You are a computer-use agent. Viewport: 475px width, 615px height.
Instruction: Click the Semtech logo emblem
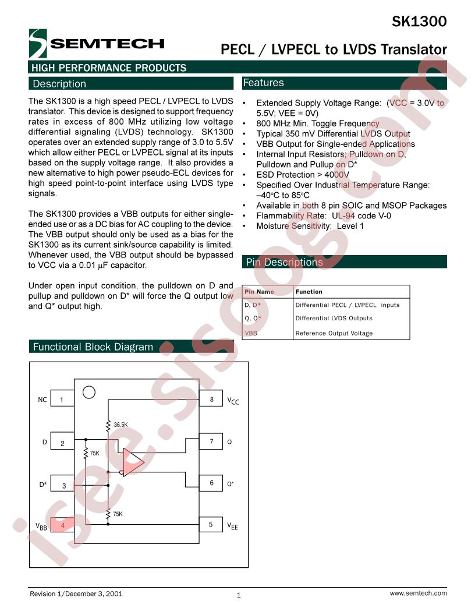38,44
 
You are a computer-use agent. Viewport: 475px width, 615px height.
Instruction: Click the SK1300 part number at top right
419,21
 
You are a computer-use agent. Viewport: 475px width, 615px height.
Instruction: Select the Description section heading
59,83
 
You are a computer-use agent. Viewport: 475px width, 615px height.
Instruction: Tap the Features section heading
263,82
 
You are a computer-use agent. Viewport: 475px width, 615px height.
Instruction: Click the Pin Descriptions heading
284,262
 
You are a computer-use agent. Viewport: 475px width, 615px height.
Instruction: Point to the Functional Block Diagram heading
93,347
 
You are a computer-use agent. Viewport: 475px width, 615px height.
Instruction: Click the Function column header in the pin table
309,292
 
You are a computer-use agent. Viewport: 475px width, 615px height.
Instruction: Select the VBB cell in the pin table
251,333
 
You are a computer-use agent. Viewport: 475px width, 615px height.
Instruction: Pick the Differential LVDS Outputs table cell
334,318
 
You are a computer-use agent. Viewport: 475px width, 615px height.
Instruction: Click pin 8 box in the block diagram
211,400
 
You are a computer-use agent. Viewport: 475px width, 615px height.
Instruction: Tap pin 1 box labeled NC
62,400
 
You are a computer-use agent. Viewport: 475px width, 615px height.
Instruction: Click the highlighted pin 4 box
62,525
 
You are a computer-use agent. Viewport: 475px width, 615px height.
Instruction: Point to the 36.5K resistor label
120,425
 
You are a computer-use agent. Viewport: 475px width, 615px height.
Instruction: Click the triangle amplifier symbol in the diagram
133,462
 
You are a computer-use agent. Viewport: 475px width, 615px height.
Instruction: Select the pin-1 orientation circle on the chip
89,392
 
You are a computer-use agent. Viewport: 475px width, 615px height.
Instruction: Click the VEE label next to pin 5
232,526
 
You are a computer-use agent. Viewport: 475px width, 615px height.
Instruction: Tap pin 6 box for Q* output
211,483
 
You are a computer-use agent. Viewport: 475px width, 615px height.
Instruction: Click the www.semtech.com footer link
418,593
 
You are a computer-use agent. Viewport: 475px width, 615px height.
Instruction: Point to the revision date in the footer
94,594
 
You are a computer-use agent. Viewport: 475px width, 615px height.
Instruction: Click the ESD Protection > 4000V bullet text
303,175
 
